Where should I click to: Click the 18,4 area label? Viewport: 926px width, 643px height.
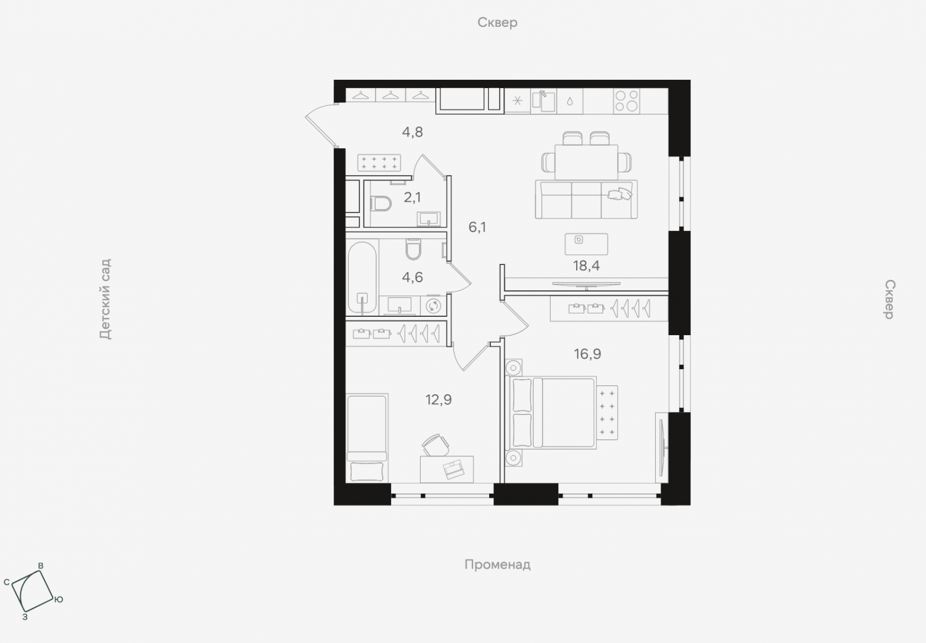tap(586, 266)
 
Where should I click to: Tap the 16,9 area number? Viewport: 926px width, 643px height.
tap(587, 354)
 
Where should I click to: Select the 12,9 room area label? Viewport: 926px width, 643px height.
tap(439, 399)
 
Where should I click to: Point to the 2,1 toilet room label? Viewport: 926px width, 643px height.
tap(412, 198)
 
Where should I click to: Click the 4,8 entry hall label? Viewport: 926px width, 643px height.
tap(412, 132)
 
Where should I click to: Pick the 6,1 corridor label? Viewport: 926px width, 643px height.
tap(477, 227)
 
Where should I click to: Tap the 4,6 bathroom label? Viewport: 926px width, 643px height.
tap(412, 277)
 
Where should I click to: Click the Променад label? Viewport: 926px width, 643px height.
tap(498, 564)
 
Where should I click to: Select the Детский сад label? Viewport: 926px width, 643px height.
tap(105, 299)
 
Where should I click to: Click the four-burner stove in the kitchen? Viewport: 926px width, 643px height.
tap(627, 101)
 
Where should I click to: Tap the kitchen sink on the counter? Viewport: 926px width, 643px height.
tap(543, 101)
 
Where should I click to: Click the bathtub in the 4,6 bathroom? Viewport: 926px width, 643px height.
tap(362, 278)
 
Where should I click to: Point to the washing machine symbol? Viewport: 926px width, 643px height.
tap(433, 306)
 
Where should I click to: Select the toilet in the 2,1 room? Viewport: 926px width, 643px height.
tap(381, 204)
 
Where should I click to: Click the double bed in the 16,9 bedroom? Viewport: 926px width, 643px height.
tap(553, 413)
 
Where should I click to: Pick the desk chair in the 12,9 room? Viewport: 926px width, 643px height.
tap(436, 445)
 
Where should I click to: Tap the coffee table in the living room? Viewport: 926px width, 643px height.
tap(586, 244)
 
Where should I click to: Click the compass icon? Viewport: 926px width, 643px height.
tap(32, 591)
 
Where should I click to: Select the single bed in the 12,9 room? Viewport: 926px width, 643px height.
tap(367, 438)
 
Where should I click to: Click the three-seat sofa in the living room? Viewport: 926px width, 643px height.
tap(586, 199)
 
